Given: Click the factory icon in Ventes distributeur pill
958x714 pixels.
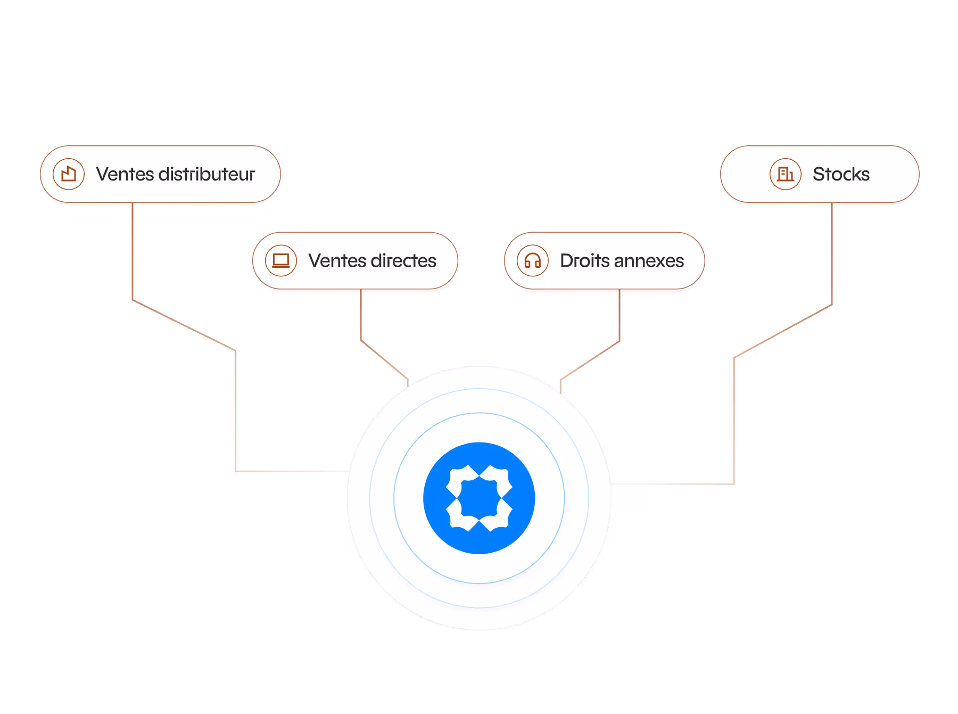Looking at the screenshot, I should coord(69,174).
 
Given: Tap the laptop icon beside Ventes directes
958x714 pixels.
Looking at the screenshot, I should coord(281,261).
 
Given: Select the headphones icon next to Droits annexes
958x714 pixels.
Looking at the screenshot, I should coord(533,261).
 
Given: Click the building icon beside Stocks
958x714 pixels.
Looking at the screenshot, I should coord(786,174).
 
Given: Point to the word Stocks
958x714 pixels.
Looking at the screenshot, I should coord(841,174).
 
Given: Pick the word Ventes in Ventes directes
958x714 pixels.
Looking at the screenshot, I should coord(337,261).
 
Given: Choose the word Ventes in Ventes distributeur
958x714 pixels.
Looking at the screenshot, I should coord(125,174).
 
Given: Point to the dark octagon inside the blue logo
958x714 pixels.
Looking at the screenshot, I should coord(479,498).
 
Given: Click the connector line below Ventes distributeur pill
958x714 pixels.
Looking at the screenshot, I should coord(133,250).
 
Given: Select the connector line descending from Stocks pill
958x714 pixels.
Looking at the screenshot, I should coord(832,256).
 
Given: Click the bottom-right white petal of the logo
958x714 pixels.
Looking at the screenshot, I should coord(499,519).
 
